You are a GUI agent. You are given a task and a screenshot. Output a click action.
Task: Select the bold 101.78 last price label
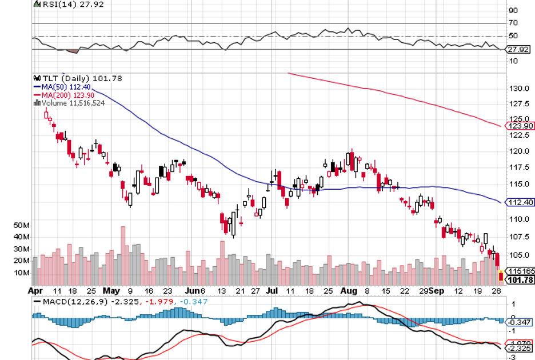521,279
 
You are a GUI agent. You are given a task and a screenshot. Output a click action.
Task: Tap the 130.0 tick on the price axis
518,89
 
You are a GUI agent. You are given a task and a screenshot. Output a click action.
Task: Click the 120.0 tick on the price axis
518,151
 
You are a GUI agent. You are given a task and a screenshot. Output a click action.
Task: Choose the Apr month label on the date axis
35,290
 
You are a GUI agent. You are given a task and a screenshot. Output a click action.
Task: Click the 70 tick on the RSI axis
513,23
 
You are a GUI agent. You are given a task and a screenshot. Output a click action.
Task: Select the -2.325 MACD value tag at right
520,348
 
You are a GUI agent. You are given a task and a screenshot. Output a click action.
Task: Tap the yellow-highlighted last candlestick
501,276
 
